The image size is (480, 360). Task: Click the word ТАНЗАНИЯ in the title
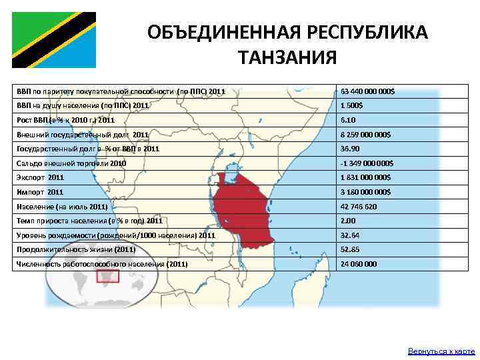tap(287, 58)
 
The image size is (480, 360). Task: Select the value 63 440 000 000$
tap(367, 91)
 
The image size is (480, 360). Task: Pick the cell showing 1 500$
tap(352, 105)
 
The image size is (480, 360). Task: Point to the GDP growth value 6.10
tap(348, 120)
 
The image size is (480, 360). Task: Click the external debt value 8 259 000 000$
tap(365, 134)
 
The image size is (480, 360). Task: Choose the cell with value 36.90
tap(350, 149)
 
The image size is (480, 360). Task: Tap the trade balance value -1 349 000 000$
tap(367, 163)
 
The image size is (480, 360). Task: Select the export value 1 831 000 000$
tap(365, 177)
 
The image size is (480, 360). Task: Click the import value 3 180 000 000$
tap(365, 192)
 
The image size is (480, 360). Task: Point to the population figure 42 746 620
tap(359, 207)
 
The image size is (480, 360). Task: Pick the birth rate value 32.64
tap(350, 235)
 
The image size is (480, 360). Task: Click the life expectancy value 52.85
tap(350, 250)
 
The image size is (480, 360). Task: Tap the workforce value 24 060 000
tap(359, 264)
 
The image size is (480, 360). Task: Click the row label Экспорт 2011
tap(40, 177)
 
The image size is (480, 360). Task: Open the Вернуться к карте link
tap(441, 351)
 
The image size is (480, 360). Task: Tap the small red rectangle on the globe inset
tap(103, 276)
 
